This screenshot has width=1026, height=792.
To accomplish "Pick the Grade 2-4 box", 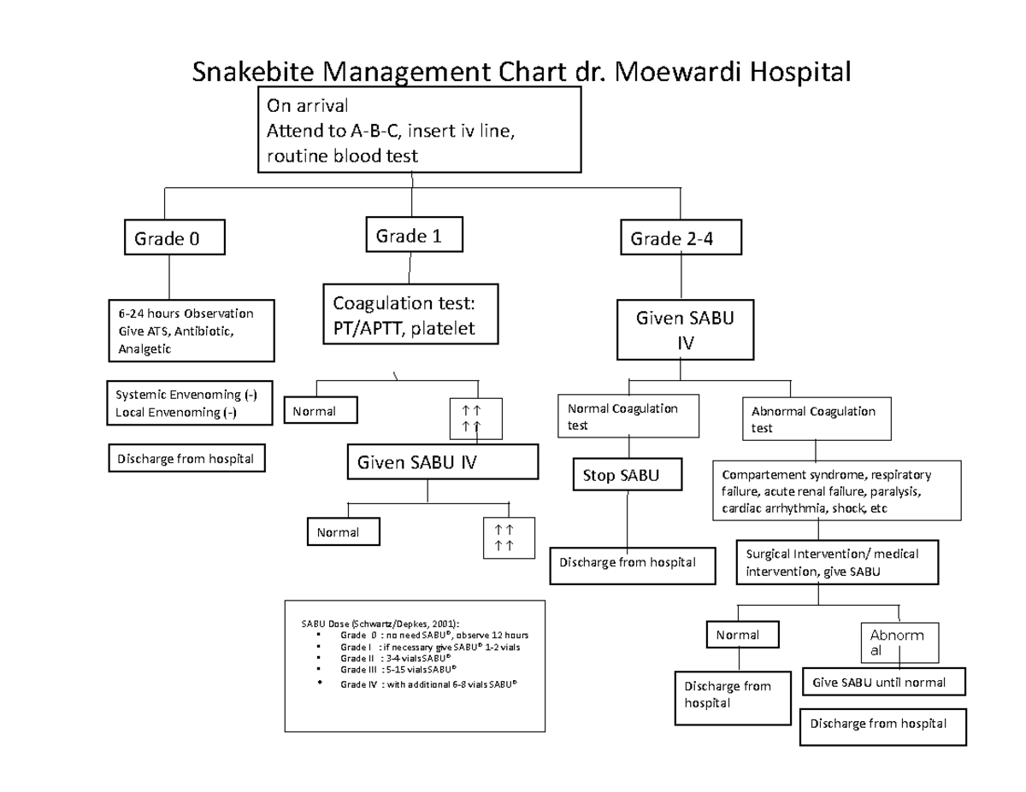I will coord(681,239).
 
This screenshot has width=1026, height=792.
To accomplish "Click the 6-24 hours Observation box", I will coord(192,331).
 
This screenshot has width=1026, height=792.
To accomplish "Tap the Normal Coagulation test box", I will coord(628,416).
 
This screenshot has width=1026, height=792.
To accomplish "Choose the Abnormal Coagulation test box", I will coord(817,419).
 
